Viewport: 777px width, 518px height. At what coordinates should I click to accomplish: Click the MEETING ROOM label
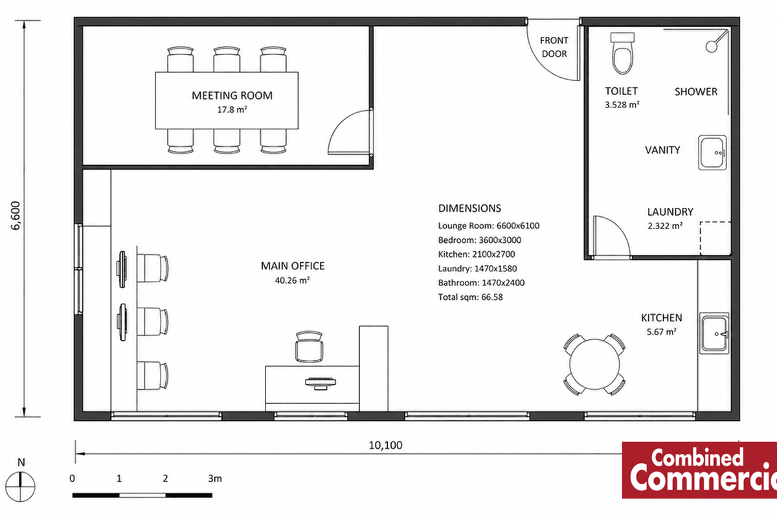click(232, 95)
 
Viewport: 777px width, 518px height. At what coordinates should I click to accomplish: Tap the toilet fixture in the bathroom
click(623, 54)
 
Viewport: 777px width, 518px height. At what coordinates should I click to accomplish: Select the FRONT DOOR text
click(554, 47)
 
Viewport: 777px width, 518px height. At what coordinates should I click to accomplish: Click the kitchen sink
click(714, 333)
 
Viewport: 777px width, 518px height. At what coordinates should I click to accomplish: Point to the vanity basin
click(712, 153)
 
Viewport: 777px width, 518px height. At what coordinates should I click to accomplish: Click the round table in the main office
click(594, 365)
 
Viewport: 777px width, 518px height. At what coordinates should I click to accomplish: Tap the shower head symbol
click(712, 46)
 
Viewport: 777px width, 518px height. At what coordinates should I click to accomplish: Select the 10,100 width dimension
click(385, 445)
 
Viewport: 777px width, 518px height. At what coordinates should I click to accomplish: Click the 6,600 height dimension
click(16, 216)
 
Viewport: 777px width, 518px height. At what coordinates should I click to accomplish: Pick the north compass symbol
click(20, 486)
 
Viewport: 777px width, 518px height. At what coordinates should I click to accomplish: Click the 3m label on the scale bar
click(215, 479)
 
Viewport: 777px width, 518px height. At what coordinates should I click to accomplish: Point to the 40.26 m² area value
click(293, 280)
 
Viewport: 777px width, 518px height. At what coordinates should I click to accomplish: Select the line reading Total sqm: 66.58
click(470, 297)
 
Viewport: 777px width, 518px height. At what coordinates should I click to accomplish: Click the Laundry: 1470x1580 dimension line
click(477, 269)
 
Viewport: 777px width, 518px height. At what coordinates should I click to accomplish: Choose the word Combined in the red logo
click(697, 457)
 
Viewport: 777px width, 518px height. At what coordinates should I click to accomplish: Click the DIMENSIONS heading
click(469, 208)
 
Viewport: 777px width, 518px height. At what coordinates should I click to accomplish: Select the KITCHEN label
click(662, 318)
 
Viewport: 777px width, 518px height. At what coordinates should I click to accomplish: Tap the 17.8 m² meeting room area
click(232, 109)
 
